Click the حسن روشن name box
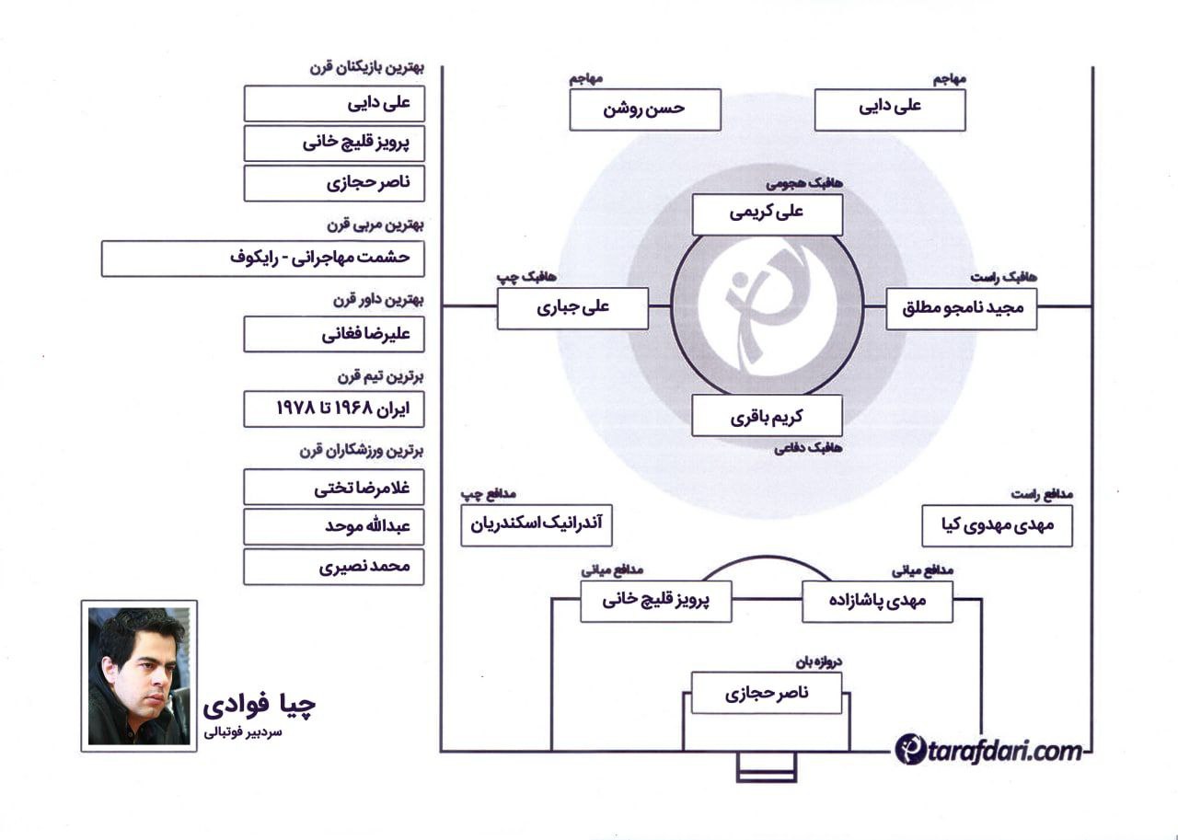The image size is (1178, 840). pyautogui.click(x=645, y=109)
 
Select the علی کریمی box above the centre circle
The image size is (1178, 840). pyautogui.click(x=768, y=214)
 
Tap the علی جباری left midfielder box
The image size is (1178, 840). pyautogui.click(x=572, y=308)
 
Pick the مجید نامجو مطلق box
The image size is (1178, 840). pyautogui.click(x=962, y=309)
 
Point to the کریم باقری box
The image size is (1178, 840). pyautogui.click(x=767, y=416)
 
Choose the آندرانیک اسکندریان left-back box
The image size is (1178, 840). pyautogui.click(x=537, y=525)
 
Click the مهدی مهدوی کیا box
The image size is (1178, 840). pyautogui.click(x=997, y=526)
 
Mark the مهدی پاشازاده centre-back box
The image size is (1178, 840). pyautogui.click(x=877, y=602)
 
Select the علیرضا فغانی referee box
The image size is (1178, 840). pyautogui.click(x=334, y=334)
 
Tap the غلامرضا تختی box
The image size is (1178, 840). pyautogui.click(x=334, y=488)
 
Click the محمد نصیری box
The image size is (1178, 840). pyautogui.click(x=334, y=567)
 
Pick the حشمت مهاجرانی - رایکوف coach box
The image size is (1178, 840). pyautogui.click(x=263, y=259)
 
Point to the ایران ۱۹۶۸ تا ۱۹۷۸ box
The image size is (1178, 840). pyautogui.click(x=334, y=409)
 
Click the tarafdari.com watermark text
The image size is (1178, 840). pyautogui.click(x=988, y=749)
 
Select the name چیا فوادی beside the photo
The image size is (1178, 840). pyautogui.click(x=260, y=706)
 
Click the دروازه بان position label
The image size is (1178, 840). pyautogui.click(x=818, y=662)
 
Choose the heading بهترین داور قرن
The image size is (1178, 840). pyautogui.click(x=378, y=300)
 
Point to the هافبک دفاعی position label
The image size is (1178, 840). pyautogui.click(x=808, y=448)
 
